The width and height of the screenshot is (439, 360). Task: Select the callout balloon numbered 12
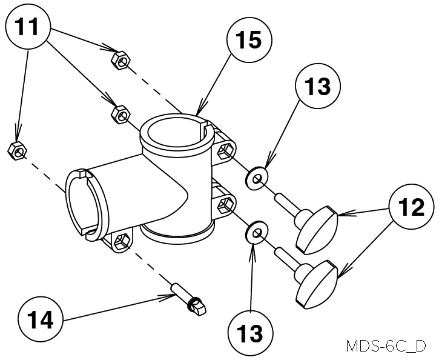[411, 208]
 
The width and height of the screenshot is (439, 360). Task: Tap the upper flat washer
[257, 178]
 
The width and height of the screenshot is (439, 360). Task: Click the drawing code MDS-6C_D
[386, 347]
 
